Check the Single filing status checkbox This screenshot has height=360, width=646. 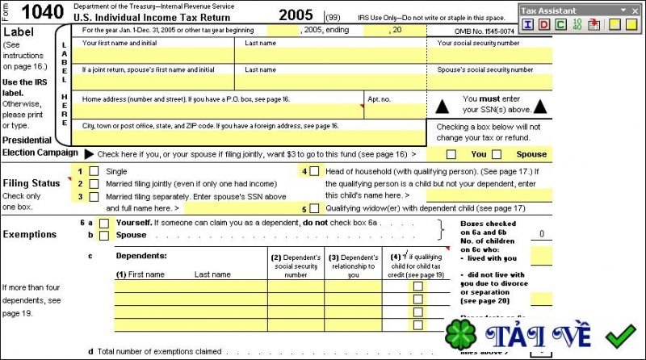pyautogui.click(x=94, y=171)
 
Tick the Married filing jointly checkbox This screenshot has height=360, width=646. pyautogui.click(x=94, y=183)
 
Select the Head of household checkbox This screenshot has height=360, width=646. pyautogui.click(x=314, y=171)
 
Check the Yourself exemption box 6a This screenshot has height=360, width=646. pyautogui.click(x=103, y=222)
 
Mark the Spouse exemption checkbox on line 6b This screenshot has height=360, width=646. pyautogui.click(x=103, y=235)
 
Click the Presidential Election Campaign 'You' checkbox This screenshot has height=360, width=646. pyautogui.click(x=451, y=154)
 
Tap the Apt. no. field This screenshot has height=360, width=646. pyautogui.click(x=396, y=111)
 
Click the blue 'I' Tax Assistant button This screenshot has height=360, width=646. pyautogui.click(x=527, y=24)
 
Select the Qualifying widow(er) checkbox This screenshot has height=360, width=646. pyautogui.click(x=314, y=207)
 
